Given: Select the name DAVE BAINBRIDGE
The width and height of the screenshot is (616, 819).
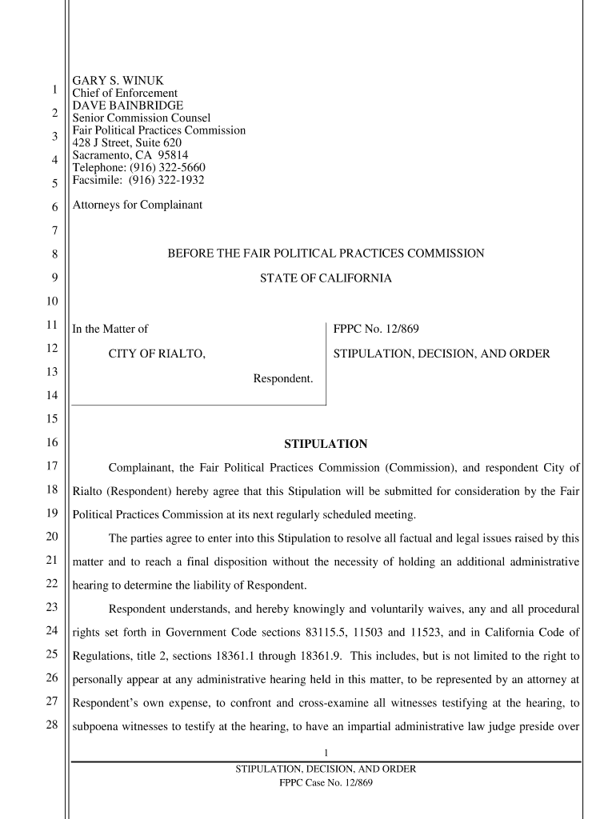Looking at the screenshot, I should coord(128,106).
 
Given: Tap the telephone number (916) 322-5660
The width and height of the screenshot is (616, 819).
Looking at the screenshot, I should coord(166,167).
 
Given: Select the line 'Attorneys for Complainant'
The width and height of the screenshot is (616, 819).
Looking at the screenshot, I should coord(138,205).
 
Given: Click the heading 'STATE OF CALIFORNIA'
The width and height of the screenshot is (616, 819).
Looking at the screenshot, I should coord(326,278).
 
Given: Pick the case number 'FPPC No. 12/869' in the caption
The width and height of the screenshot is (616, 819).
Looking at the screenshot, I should coord(376,329).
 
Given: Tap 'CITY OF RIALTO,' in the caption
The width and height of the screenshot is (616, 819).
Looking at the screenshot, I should coord(157,354).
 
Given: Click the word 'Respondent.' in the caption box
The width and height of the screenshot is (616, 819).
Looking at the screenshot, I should coord(283,378).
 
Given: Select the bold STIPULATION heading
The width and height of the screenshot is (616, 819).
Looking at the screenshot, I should coord(326,444).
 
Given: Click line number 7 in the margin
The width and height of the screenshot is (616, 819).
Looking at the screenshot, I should coord(54,231).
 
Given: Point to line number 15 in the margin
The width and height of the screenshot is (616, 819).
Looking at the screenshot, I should coord(52,419).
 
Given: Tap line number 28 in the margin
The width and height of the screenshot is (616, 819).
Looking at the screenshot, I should coord(52,726).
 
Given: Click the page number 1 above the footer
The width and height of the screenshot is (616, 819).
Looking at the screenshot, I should coord(326,752).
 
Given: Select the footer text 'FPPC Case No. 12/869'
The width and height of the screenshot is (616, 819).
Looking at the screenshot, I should coord(326,782).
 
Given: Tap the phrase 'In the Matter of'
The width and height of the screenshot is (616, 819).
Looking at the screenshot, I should coord(110,329).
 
